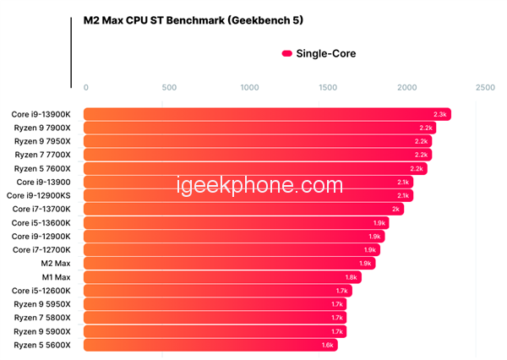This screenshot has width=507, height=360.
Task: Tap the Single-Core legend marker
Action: [x=286, y=53]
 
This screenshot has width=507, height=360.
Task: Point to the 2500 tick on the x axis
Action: [x=485, y=88]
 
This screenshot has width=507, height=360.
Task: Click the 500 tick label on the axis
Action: [x=168, y=88]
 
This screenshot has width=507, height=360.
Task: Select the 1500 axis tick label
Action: [x=328, y=88]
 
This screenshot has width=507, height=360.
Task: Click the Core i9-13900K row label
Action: [x=41, y=114]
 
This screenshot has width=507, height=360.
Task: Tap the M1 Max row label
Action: [x=57, y=277]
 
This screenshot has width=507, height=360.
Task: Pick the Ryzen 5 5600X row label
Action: [x=43, y=345]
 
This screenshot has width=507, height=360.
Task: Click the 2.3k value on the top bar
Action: [x=439, y=114]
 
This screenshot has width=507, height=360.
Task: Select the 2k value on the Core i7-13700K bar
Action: [x=395, y=209]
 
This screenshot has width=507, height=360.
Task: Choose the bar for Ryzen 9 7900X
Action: [x=253, y=128]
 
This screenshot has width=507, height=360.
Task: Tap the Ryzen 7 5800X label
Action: [x=43, y=318]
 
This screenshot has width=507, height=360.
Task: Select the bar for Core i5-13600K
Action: [x=228, y=223]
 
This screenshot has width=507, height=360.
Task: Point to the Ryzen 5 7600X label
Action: [x=43, y=168]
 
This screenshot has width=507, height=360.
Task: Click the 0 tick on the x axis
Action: [x=85, y=88]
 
